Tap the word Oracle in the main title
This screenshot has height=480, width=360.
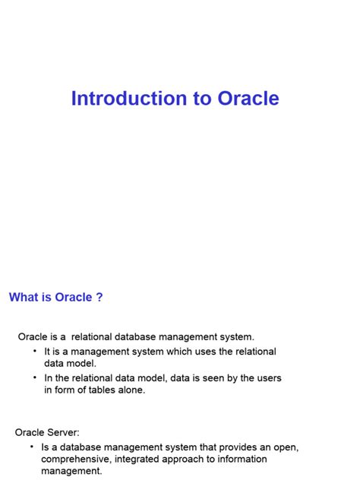[248, 99]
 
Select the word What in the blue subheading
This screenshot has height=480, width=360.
[23, 297]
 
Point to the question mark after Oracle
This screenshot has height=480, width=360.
[99, 297]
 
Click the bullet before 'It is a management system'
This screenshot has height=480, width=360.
[35, 351]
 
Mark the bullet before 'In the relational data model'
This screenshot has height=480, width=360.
[35, 377]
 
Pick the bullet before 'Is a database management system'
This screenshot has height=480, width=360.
[31, 447]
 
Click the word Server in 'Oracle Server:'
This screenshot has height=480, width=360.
[63, 433]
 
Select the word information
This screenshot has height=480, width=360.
[243, 459]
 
